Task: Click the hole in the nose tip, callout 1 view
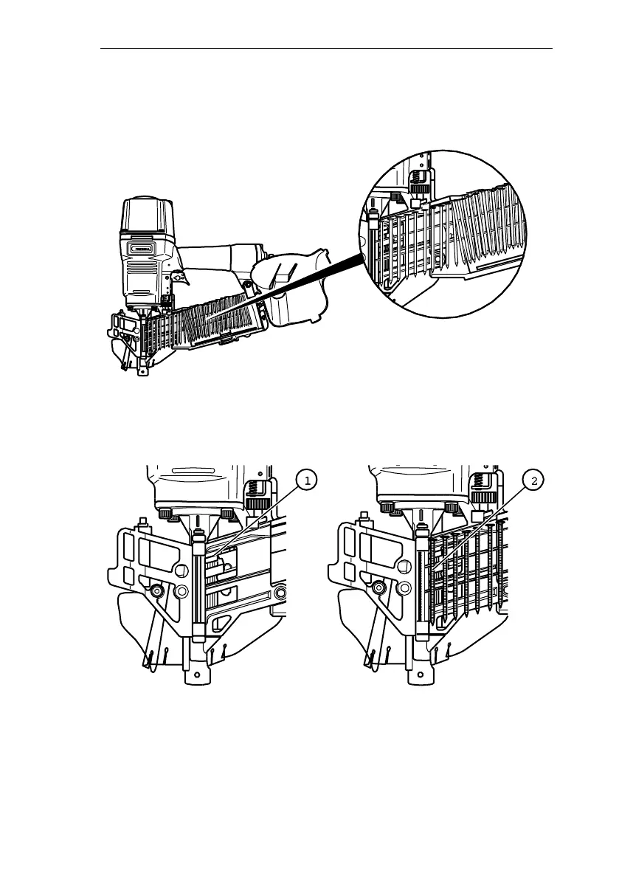pyautogui.click(x=197, y=675)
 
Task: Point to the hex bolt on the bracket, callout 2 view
pyautogui.click(x=378, y=588)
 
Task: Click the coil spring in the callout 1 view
pyautogui.click(x=257, y=488)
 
